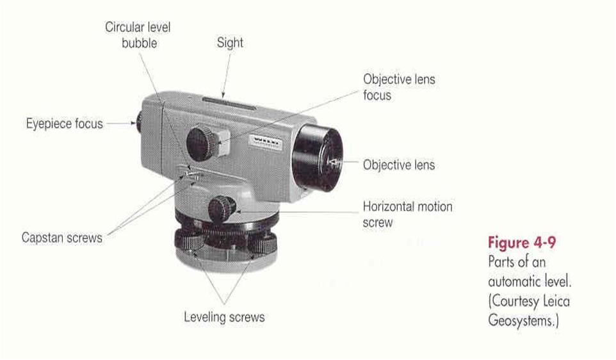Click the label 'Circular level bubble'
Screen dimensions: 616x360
(138, 35)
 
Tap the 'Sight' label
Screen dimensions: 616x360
(230, 42)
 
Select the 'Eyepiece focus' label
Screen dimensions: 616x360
(65, 124)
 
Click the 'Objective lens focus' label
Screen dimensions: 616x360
(399, 87)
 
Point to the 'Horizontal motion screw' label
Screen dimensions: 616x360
(407, 214)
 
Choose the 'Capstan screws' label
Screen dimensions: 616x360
(62, 238)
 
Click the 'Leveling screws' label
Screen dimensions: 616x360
(224, 317)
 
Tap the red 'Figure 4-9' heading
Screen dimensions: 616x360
(522, 243)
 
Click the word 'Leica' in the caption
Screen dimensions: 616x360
(556, 301)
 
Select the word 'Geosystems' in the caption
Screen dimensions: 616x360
(522, 320)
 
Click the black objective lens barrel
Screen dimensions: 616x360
(318, 158)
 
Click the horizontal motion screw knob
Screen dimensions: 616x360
(222, 209)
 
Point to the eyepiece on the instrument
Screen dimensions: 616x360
(139, 122)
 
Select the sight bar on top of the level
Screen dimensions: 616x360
(229, 102)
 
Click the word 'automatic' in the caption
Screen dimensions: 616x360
(515, 281)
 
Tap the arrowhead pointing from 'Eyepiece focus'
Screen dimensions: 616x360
(133, 124)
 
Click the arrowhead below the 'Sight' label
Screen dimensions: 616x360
(223, 94)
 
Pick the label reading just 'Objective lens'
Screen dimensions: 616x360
(399, 165)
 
